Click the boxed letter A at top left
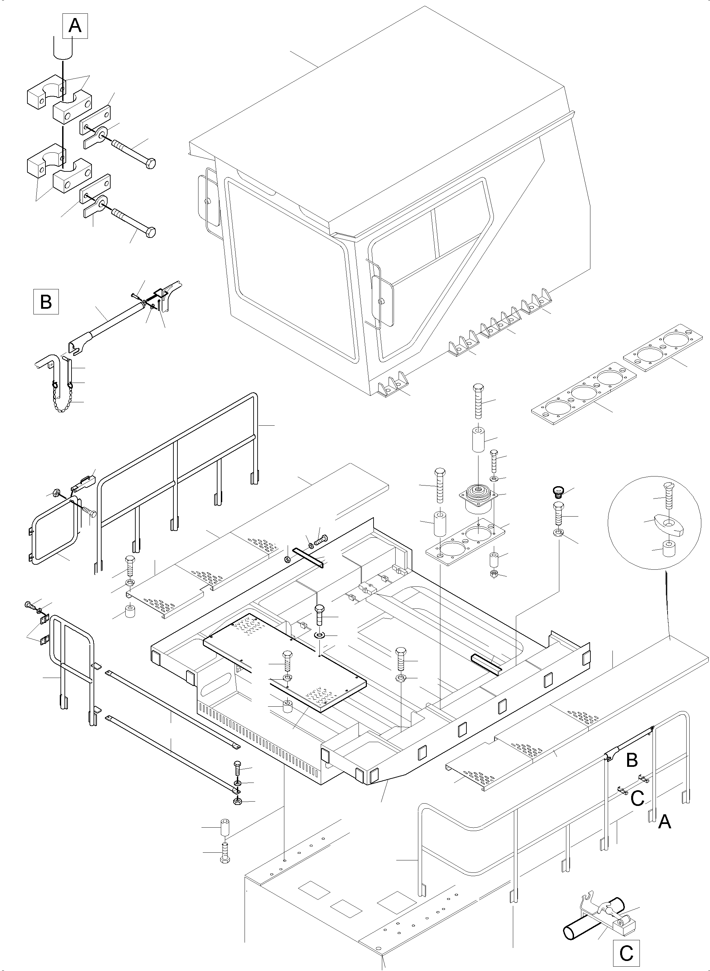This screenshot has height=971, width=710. (75, 26)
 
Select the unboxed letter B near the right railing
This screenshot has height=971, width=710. (632, 760)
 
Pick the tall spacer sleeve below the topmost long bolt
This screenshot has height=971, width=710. (478, 439)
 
